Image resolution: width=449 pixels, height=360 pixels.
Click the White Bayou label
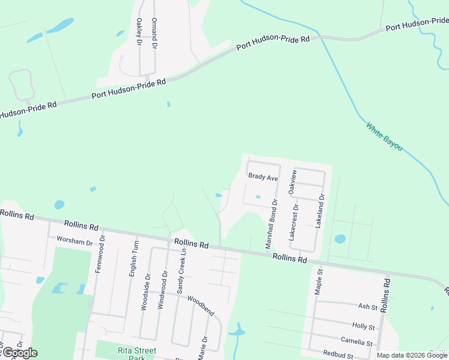point(384,137)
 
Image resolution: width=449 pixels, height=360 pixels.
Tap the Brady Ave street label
point(264,178)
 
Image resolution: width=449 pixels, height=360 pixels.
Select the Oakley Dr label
point(139,32)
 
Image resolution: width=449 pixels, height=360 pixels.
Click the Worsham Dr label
point(74,240)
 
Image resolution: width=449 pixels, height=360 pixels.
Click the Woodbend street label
point(200,305)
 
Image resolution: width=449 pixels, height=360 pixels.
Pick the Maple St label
point(319,281)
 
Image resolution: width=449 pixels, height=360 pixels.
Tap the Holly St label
point(364,327)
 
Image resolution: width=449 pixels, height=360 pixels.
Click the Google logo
point(20,352)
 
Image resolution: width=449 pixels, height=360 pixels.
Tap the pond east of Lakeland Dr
point(340,239)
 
